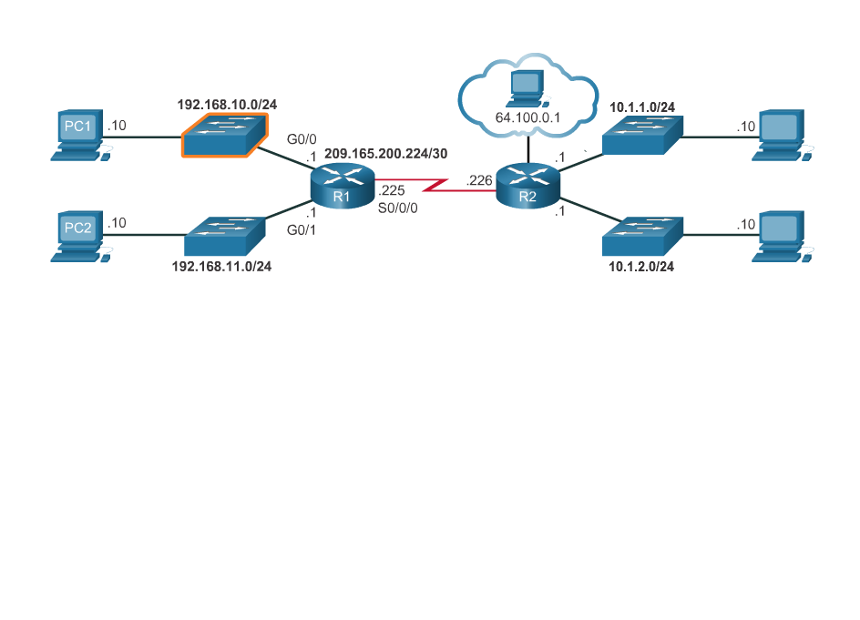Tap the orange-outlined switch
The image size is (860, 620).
[224, 136]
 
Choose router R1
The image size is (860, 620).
[343, 185]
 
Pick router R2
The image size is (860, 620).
[527, 185]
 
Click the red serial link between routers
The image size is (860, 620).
[435, 186]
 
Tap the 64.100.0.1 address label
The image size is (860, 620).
[527, 117]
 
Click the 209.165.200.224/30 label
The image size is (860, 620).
[386, 154]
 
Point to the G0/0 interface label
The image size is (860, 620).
[302, 140]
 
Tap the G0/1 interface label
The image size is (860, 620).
[301, 229]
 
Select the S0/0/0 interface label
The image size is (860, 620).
[397, 208]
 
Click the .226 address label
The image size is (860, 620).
[478, 181]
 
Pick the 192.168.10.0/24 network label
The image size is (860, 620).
[227, 105]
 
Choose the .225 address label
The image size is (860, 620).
[391, 191]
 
